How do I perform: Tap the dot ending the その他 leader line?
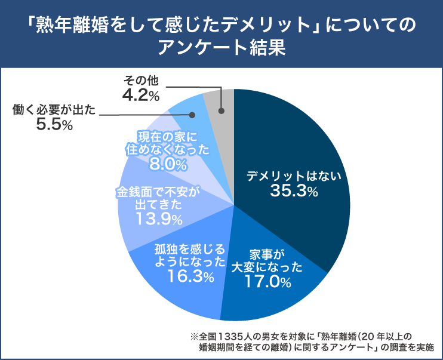pyautogui.click(x=221, y=110)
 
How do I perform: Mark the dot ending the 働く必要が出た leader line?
pyautogui.click(x=192, y=114)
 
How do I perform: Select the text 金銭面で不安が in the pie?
pyautogui.click(x=158, y=192)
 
